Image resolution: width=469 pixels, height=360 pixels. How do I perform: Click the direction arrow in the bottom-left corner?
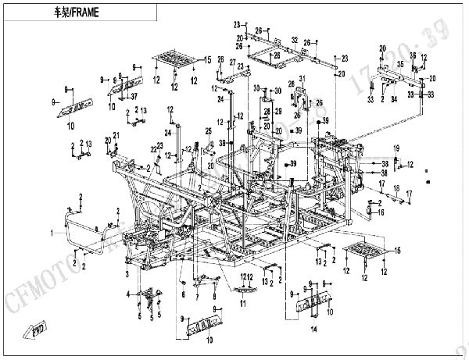34,331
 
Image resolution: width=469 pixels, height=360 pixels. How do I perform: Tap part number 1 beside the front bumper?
54,232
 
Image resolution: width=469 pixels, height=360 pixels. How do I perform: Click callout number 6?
183,294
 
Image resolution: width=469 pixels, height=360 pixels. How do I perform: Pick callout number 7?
198,296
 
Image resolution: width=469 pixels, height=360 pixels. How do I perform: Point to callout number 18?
396,190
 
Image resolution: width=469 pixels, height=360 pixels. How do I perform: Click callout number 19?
396,148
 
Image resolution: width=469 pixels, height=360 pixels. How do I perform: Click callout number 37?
134,96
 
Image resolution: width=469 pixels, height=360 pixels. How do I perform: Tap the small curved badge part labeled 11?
240,287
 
